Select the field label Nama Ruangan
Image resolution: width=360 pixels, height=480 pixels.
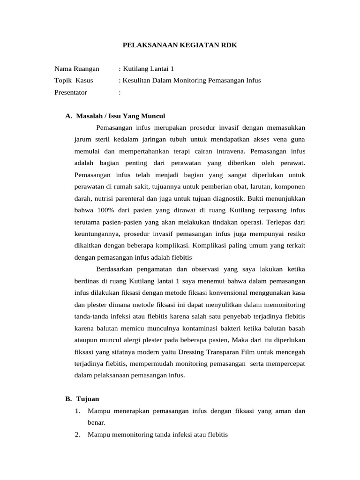coord(77,68)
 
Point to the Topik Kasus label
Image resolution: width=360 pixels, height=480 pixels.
coord(74,80)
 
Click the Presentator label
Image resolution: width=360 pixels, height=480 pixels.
coord(71,92)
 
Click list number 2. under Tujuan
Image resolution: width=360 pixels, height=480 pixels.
coord(77,435)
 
